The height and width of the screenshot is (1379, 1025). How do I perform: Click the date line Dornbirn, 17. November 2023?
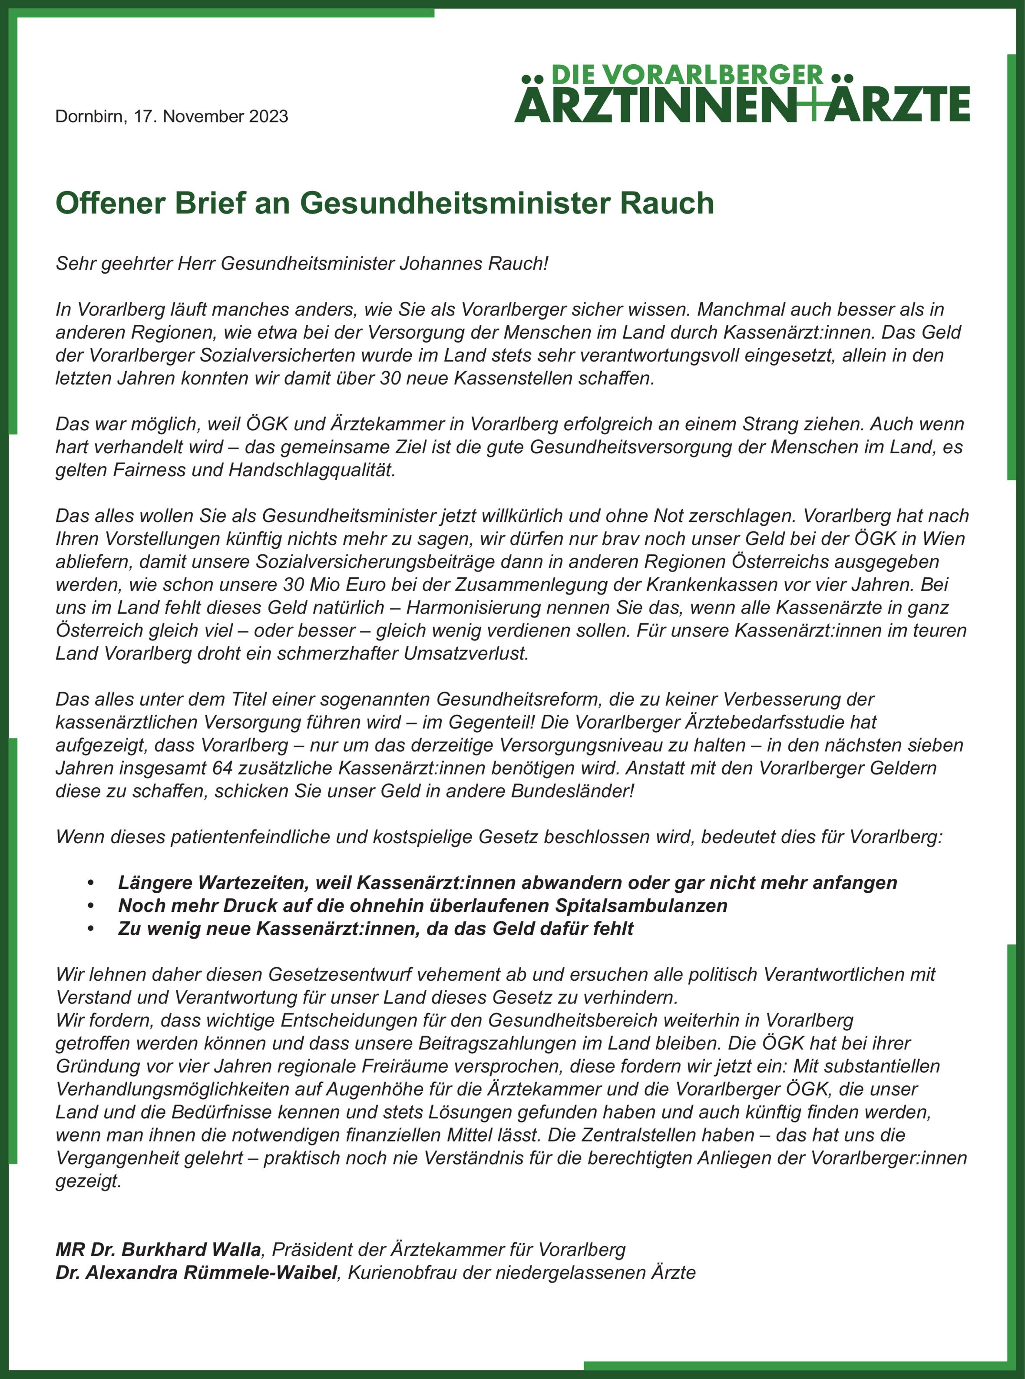pyautogui.click(x=172, y=117)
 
